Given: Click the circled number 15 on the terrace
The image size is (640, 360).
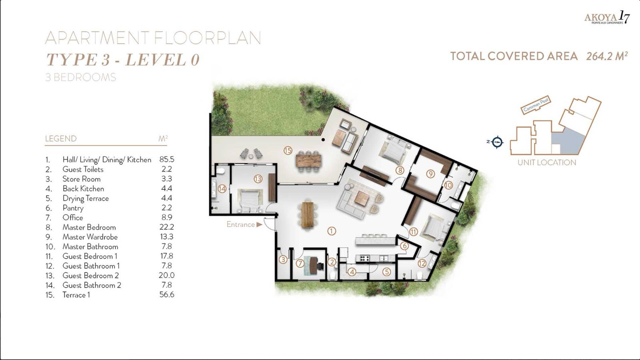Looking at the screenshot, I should (x=288, y=151).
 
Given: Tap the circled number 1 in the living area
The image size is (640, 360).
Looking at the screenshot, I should (x=332, y=231).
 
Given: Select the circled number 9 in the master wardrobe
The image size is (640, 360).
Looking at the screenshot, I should (x=430, y=174).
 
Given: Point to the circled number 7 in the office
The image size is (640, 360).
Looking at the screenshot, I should (x=300, y=263).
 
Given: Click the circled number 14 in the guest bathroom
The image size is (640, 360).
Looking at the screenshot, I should (x=222, y=189).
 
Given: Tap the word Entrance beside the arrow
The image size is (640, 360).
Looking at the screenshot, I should (x=240, y=224).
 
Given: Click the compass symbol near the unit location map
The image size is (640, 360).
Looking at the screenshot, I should (x=497, y=142).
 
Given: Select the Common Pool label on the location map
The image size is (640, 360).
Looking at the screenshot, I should (x=536, y=104).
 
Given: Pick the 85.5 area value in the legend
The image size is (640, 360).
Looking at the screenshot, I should (x=166, y=159).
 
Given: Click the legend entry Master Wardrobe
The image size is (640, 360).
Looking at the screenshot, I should (x=90, y=237).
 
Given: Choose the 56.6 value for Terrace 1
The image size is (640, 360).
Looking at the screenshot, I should (x=166, y=295).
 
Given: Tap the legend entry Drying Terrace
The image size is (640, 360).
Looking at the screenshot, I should (x=85, y=198).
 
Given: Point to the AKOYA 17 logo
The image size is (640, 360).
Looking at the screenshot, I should (x=606, y=18).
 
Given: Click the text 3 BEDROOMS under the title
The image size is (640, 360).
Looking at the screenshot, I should (x=80, y=77).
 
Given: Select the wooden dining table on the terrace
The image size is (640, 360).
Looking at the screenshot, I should (x=308, y=161).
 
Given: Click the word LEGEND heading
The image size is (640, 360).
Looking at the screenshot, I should (x=60, y=139).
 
